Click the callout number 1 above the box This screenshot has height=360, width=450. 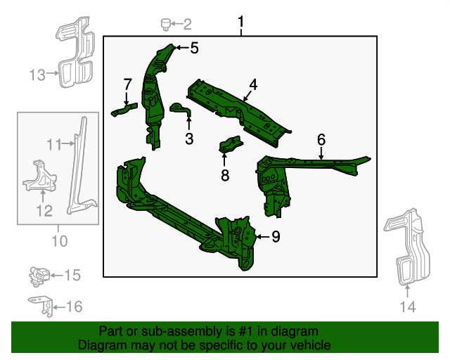tap(240, 25)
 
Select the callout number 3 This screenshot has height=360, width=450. tap(189, 139)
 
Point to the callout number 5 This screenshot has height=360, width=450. tap(194, 48)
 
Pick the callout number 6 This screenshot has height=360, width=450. tap(321, 139)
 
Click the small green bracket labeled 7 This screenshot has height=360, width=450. tap(124, 109)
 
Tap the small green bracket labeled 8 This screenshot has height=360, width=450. tap(231, 146)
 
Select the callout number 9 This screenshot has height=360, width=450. tap(276, 237)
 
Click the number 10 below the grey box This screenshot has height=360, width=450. tap(59, 241)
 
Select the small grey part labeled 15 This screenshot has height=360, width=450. tap(39, 275)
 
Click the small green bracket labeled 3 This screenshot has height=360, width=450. tap(179, 110)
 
